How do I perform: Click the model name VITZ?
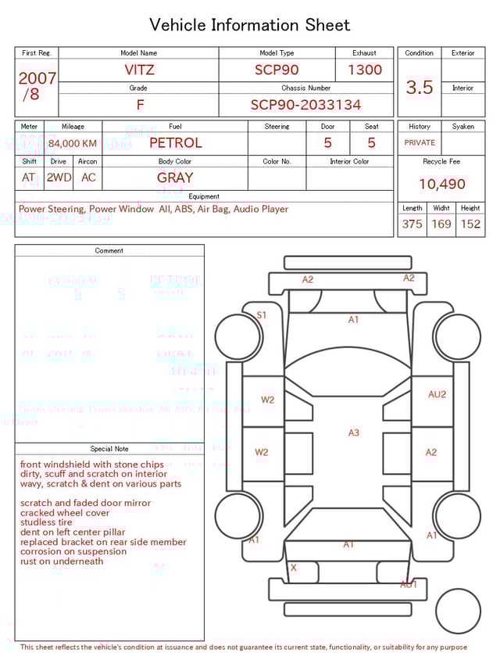click(140, 70)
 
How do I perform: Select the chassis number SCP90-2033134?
click(305, 105)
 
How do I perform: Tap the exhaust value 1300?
click(365, 70)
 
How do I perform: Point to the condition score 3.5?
click(420, 88)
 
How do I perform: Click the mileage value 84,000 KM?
click(73, 144)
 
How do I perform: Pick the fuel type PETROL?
click(175, 142)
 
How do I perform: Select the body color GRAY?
click(175, 178)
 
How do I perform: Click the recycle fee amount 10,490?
click(442, 185)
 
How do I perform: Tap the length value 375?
click(412, 224)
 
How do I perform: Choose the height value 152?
click(470, 224)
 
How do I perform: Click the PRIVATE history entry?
click(420, 142)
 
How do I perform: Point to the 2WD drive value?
click(59, 178)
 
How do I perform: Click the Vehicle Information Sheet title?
click(250, 25)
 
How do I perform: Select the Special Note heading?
click(109, 449)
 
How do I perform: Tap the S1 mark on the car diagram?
click(262, 315)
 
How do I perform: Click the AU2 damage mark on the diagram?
click(437, 394)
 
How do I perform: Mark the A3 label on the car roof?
click(354, 432)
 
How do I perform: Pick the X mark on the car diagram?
click(294, 568)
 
